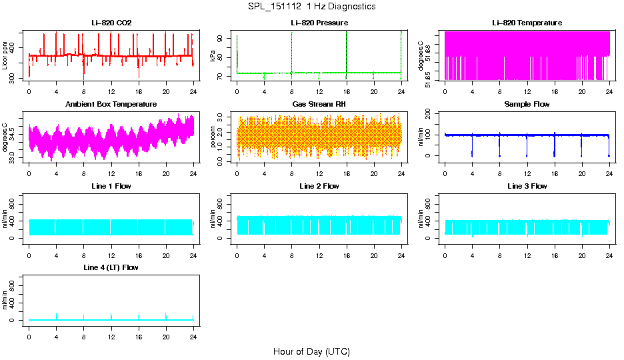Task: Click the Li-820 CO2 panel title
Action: pos(111,23)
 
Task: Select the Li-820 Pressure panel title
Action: pos(319,23)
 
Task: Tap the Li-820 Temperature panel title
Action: pos(527,23)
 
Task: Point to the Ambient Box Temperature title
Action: pos(111,105)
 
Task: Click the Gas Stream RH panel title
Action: pos(319,105)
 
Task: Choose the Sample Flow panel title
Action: pos(527,105)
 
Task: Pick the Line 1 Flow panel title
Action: pos(111,186)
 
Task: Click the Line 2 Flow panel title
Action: pos(319,186)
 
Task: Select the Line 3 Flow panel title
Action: pos(527,186)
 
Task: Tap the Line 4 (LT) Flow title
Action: pos(111,267)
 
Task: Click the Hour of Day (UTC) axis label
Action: pos(311,351)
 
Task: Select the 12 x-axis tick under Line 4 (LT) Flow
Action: pos(111,330)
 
